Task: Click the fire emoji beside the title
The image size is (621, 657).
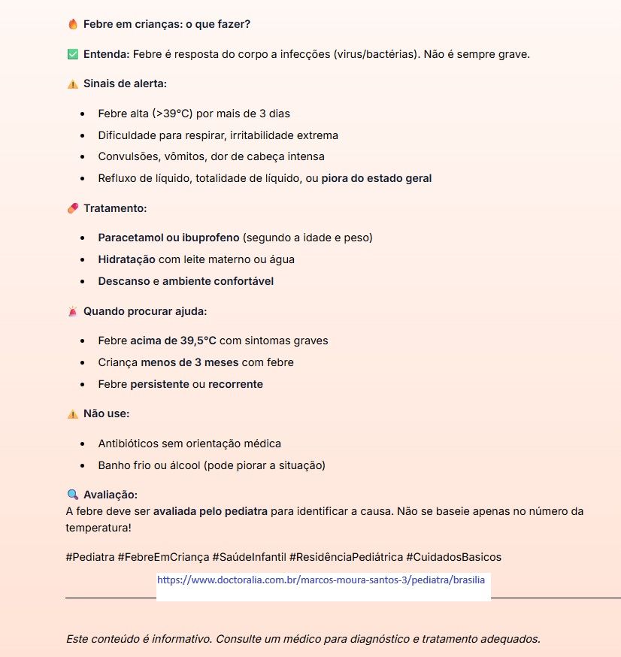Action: pyautogui.click(x=73, y=24)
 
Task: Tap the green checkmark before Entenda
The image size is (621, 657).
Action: pyautogui.click(x=73, y=54)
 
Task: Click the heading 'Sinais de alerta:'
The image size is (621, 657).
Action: pyautogui.click(x=125, y=83)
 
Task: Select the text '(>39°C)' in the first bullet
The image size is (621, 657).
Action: pyautogui.click(x=172, y=114)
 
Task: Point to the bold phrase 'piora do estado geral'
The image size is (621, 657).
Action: pyautogui.click(x=377, y=179)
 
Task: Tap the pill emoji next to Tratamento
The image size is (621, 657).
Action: pyautogui.click(x=73, y=208)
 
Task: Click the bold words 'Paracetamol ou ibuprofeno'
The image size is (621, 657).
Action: pyautogui.click(x=168, y=238)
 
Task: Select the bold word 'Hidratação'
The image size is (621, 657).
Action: pyautogui.click(x=126, y=259)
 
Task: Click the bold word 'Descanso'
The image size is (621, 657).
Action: pyautogui.click(x=124, y=281)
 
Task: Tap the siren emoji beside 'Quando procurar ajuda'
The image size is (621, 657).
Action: pyautogui.click(x=73, y=311)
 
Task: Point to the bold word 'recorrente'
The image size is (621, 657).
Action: pyautogui.click(x=235, y=384)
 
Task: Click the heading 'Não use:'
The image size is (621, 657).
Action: pyautogui.click(x=107, y=414)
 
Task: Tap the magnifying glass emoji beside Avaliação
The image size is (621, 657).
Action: pyautogui.click(x=73, y=495)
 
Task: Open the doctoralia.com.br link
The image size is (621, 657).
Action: pyautogui.click(x=321, y=581)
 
